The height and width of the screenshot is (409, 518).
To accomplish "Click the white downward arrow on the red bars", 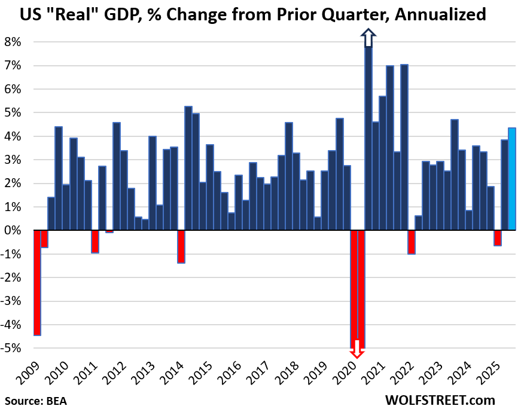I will tap(357, 349).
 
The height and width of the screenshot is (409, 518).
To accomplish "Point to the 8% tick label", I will tap(13, 42).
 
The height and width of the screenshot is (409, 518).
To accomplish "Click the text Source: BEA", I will tap(36, 400).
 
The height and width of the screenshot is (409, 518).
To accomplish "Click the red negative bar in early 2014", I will tap(181, 246).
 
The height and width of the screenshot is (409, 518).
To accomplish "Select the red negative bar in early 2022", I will tap(411, 242).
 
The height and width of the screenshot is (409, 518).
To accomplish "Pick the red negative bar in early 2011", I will tap(95, 242).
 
